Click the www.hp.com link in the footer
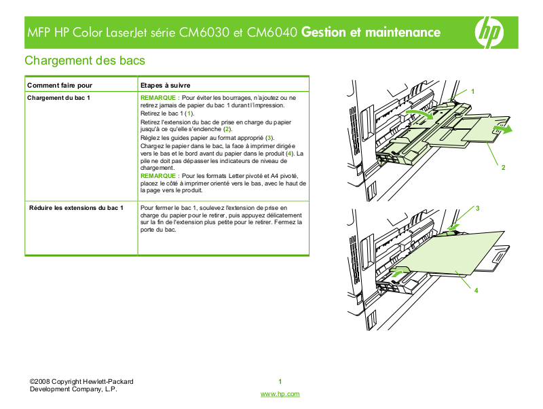[280, 394]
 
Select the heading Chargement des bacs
[85, 60]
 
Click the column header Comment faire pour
[60, 86]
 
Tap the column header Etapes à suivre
[165, 86]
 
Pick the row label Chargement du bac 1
[59, 98]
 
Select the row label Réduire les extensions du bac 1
[76, 207]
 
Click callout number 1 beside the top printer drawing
[472, 91]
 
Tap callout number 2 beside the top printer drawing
[503, 167]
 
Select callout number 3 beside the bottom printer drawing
[477, 207]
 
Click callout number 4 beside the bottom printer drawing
[476, 290]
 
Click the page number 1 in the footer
[280, 381]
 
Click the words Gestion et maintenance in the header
[371, 32]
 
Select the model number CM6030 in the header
[205, 32]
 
